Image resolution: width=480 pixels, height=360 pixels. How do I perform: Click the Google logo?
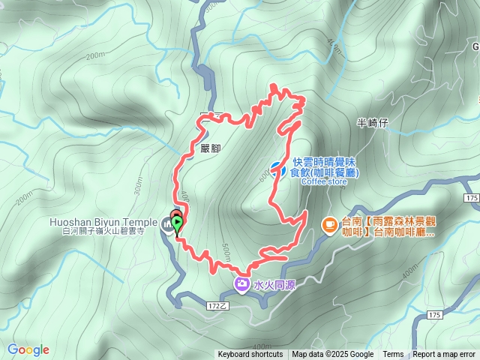click(28, 349)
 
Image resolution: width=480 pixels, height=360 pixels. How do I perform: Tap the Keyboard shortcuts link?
click(250, 355)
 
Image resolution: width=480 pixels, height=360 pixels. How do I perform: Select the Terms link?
click(393, 355)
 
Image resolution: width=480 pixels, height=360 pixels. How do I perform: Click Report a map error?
click(445, 355)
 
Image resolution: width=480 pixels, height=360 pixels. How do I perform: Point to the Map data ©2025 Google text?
click(333, 355)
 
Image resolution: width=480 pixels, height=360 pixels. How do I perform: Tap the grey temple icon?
click(166, 223)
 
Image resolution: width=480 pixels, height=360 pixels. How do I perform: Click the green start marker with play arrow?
click(177, 223)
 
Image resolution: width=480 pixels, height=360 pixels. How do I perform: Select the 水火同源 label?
click(271, 284)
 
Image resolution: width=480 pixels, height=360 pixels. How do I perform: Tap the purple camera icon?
click(242, 283)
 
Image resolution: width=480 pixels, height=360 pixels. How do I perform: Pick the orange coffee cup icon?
click(328, 223)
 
